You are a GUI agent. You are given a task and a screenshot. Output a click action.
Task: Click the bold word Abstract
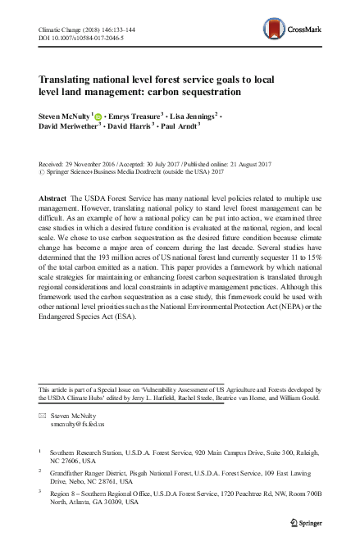pos(53,200)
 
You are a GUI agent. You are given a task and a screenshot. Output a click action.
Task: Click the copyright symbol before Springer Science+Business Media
pos(43,172)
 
